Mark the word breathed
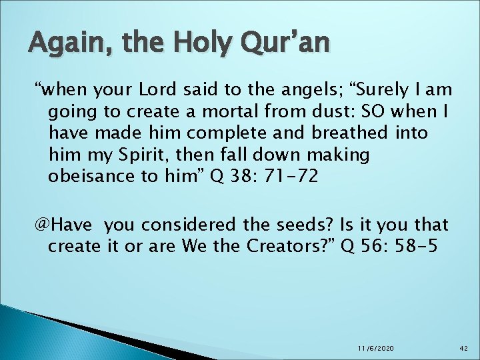[341, 133]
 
